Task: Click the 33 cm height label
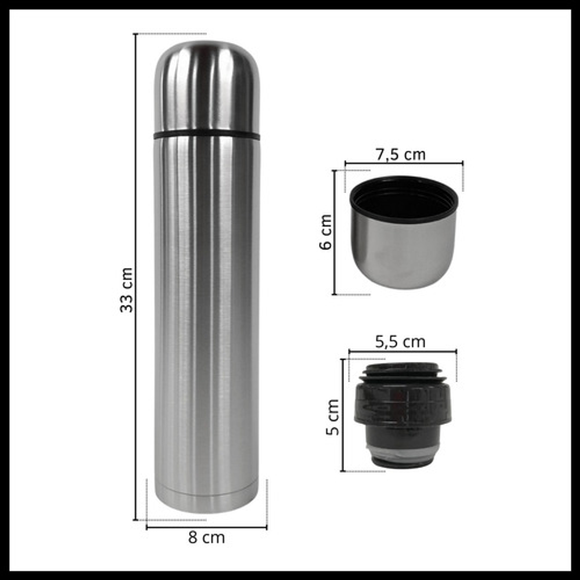[x=126, y=290]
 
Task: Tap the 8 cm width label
[x=206, y=538]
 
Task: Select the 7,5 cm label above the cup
[x=401, y=154]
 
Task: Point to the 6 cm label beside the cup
[x=326, y=232]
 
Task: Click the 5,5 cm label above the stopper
[x=401, y=342]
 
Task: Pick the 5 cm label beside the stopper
[x=332, y=417]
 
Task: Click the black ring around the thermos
[x=206, y=135]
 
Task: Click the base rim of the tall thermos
[x=206, y=500]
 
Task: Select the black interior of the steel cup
[x=404, y=200]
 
